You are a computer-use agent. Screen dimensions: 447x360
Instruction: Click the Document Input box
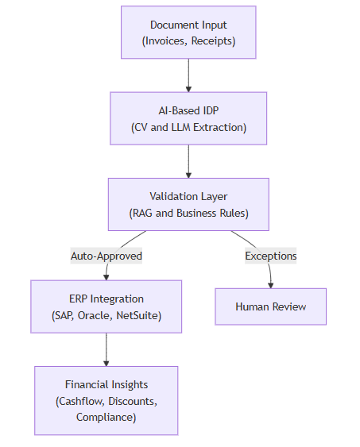[x=188, y=32]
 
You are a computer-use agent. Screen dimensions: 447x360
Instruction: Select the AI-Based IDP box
[x=188, y=118]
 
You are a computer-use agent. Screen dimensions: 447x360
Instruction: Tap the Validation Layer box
[x=188, y=204]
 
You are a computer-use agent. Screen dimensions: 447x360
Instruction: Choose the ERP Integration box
[x=106, y=306]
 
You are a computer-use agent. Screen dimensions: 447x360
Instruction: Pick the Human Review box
[x=270, y=306]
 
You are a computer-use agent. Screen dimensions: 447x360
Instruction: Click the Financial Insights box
[x=106, y=400]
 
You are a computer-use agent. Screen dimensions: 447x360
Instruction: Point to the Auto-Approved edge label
[x=106, y=256]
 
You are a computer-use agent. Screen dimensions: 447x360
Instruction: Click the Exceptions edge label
[x=270, y=256]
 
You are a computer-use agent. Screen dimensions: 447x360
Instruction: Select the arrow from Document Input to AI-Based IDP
[x=188, y=75]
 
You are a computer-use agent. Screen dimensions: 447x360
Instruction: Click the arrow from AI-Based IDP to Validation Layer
[x=188, y=160]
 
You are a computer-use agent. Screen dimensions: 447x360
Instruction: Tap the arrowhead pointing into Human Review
[x=271, y=284]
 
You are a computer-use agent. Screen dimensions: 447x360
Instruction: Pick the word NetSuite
[x=144, y=315]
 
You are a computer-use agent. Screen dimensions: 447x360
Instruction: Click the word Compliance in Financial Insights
[x=106, y=417]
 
